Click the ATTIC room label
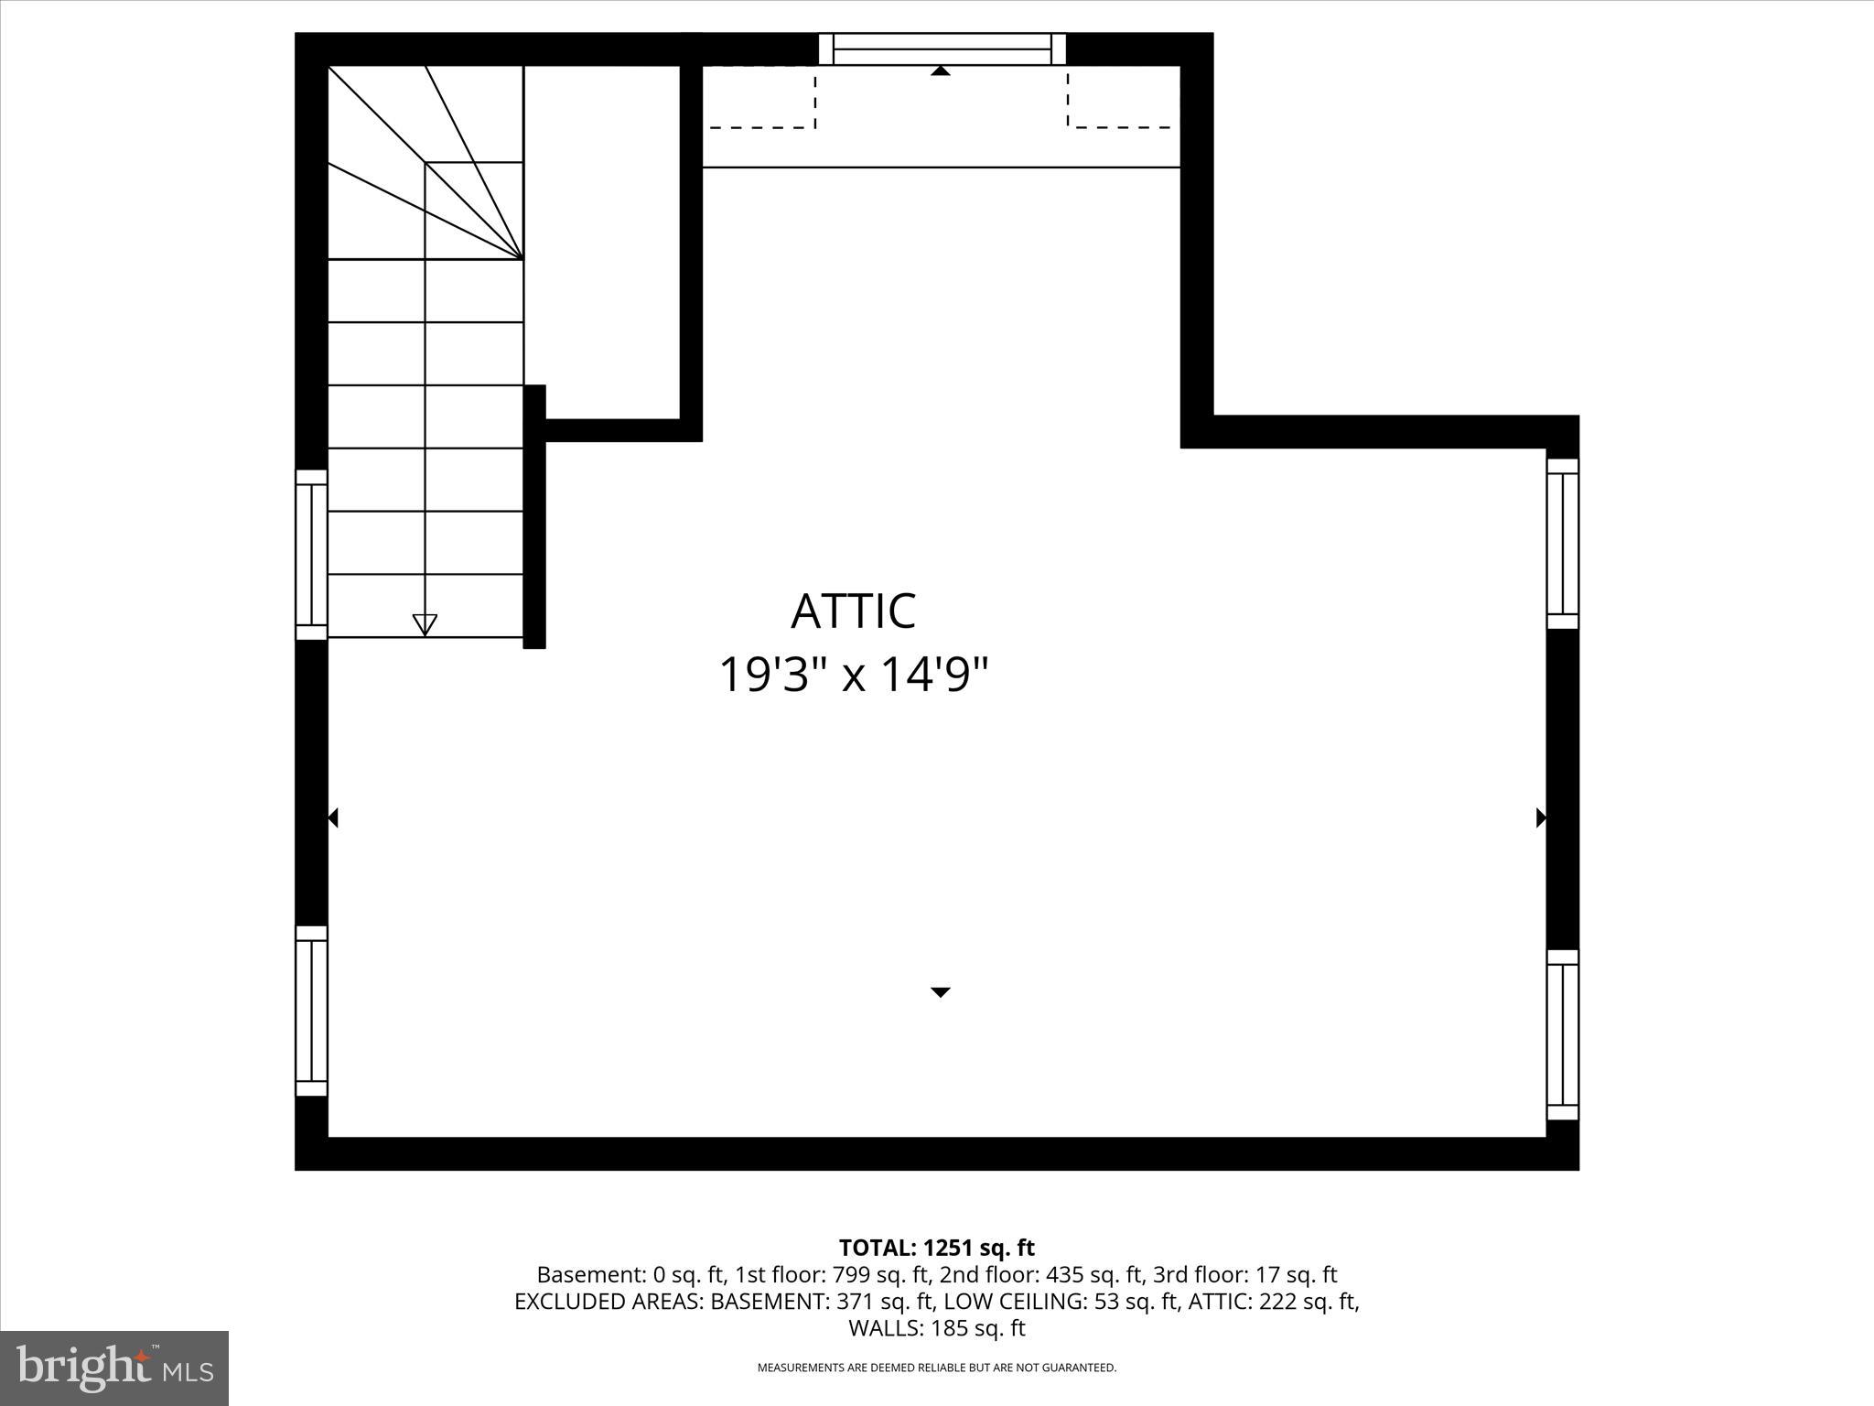point(853,611)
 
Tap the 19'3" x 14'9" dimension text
point(853,676)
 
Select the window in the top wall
point(942,49)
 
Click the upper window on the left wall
point(311,555)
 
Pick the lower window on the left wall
point(311,1011)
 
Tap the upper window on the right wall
point(1562,544)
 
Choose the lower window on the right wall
point(1562,1034)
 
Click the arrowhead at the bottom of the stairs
point(425,624)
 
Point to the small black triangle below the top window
point(940,70)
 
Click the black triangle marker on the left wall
point(333,817)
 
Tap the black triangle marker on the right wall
point(1541,817)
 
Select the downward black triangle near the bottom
point(940,992)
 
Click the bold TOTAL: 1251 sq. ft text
point(936,1248)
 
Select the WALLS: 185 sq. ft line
point(936,1328)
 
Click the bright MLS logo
point(114,1368)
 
